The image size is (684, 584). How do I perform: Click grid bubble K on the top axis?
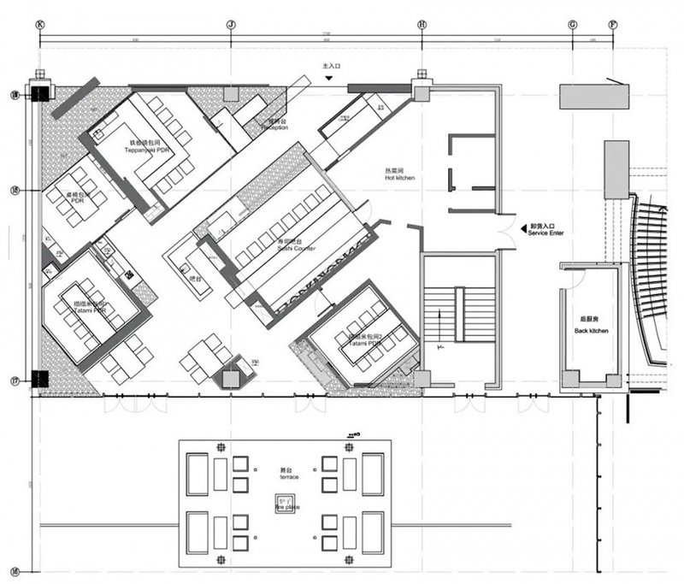39,24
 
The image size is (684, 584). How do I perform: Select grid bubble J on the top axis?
231,24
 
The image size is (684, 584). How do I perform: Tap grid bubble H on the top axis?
422,24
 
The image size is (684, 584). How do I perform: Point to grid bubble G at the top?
572,24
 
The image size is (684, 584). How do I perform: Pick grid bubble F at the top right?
611,24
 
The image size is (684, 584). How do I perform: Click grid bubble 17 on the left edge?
14,381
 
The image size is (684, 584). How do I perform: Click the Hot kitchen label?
400,175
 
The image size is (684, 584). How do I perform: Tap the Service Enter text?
550,233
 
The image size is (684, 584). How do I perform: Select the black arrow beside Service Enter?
523,228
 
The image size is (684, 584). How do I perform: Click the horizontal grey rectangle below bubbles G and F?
593,96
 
